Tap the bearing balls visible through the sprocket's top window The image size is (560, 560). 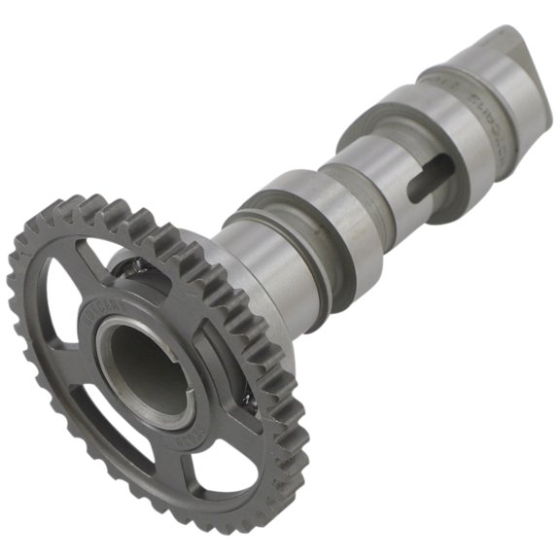pyautogui.click(x=131, y=262)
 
